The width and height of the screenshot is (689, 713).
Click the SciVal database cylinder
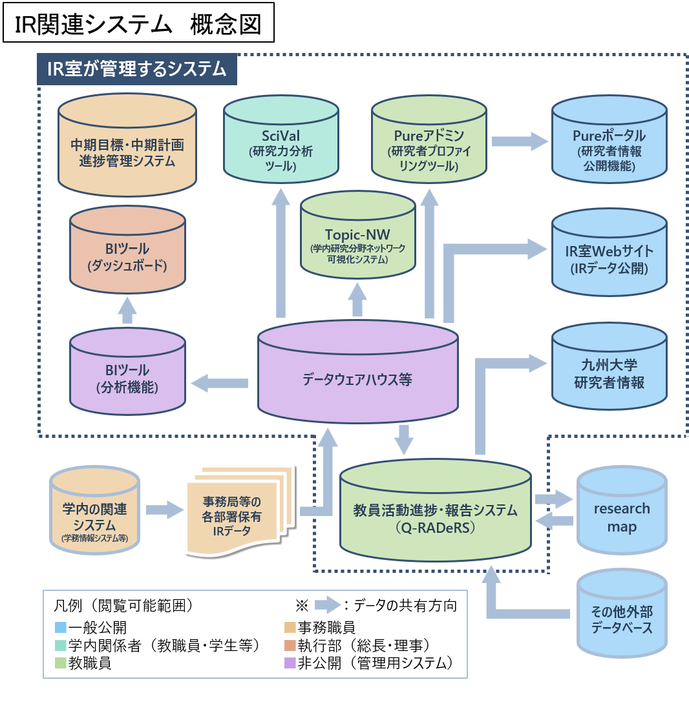point(281,144)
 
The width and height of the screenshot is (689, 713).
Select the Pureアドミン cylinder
point(429,144)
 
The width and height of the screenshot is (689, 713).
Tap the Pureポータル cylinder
point(609,144)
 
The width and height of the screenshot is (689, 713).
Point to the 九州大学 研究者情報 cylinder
point(609,371)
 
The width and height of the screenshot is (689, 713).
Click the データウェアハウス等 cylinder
point(357,378)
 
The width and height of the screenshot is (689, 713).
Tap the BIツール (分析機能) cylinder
point(127,377)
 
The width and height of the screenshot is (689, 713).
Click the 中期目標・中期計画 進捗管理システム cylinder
point(127,150)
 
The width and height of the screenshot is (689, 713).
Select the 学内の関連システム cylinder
point(94,513)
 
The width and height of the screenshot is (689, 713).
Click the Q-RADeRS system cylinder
point(435,513)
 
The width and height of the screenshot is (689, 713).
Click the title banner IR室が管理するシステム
point(137,69)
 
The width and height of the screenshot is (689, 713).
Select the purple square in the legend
point(290,663)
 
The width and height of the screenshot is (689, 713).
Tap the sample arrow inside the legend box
point(328,605)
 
